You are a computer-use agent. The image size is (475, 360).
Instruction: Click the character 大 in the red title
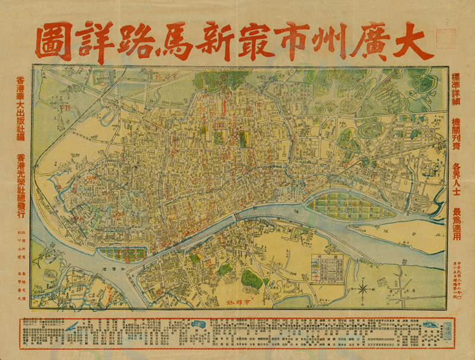[x=412, y=42]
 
